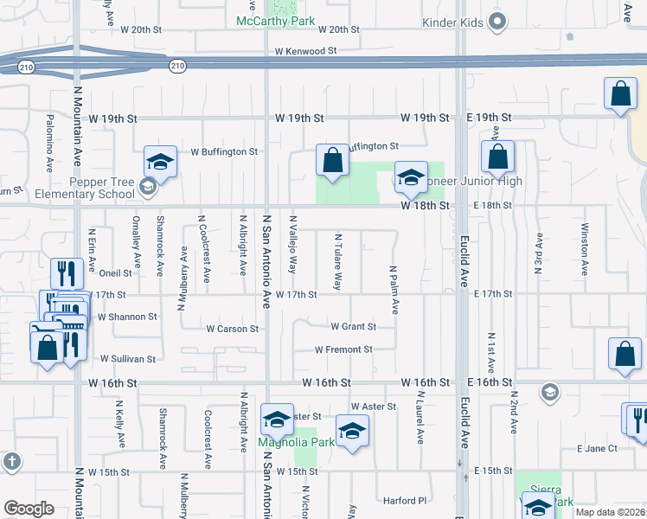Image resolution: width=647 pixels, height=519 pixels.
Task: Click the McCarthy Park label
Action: pos(276,21)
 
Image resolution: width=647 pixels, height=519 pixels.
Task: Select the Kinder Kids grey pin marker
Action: pos(497,22)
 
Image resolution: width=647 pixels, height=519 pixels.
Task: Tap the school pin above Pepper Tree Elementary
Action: pos(160,162)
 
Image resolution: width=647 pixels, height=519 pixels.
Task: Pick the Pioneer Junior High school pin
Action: pos(412,178)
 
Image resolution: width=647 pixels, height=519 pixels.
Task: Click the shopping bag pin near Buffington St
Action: pos(333,160)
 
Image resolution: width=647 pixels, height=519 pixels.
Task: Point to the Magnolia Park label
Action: pos(298,443)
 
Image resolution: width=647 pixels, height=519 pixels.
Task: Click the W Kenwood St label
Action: pos(305,52)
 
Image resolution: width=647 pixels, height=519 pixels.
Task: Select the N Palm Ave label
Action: pos(394,290)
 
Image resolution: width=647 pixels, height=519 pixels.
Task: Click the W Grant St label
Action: pos(353,327)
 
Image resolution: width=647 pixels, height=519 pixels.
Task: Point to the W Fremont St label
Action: pos(343,349)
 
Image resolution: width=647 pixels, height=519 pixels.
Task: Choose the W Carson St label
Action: pos(232,329)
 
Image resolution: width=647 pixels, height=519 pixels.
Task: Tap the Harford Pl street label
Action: pos(406,500)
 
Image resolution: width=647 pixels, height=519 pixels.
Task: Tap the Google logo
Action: pos(29,508)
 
